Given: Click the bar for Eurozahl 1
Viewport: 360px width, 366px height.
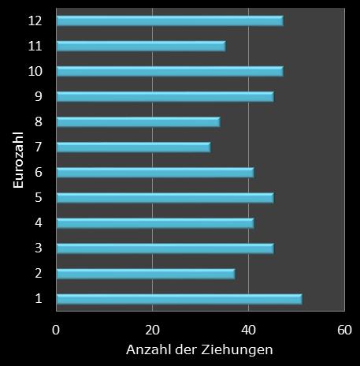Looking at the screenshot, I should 179,299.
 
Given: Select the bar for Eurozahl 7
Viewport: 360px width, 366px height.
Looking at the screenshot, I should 133,147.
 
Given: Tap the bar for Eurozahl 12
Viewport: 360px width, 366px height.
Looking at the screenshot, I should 169,21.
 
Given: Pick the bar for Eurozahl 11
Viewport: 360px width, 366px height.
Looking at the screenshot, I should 140,46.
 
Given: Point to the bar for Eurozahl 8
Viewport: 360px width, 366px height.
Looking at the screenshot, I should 138,121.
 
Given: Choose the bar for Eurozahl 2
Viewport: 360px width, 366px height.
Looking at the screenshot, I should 145,274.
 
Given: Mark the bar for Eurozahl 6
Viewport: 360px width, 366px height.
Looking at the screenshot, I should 155,172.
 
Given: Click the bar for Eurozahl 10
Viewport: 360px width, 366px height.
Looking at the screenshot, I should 169,71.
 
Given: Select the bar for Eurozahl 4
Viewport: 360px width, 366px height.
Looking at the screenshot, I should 155,222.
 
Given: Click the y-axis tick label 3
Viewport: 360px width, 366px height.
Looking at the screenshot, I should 38,248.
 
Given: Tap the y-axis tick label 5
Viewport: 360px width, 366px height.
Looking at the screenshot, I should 38,198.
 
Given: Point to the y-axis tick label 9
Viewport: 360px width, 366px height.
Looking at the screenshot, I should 38,96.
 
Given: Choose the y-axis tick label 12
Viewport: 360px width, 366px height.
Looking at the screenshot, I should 35,21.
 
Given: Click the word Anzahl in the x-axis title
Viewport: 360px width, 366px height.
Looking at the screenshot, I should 148,349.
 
